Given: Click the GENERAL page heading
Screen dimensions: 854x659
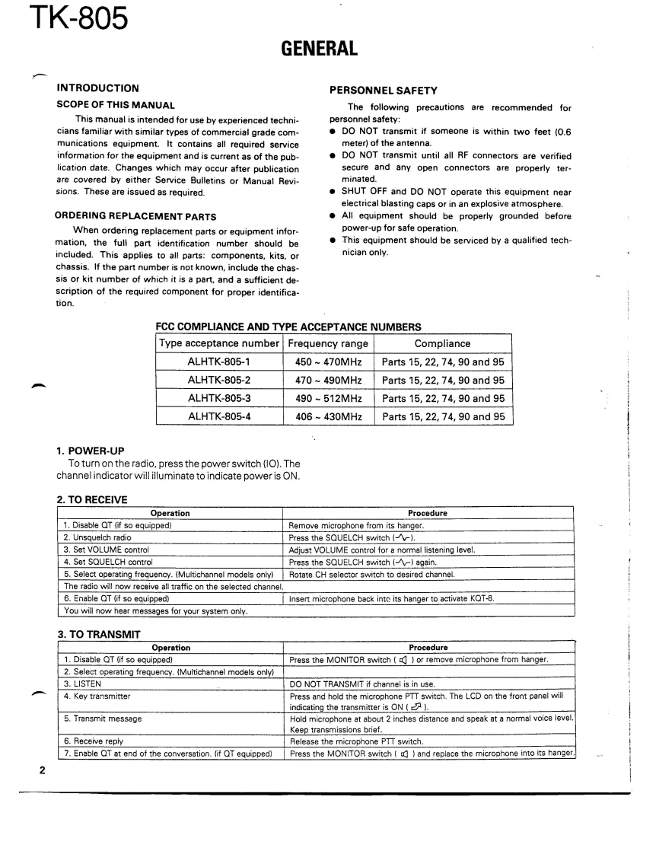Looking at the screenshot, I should [319, 49].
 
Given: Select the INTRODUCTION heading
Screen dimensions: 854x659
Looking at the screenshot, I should [98, 88].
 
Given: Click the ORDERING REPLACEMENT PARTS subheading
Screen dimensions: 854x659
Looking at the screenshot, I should [135, 216].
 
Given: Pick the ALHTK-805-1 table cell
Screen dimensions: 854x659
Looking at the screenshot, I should [219, 362].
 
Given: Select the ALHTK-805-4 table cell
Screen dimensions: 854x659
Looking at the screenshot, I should [219, 416].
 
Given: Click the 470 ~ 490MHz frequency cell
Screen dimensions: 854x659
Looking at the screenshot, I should [329, 380].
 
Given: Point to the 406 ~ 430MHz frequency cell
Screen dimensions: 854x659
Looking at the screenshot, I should [329, 416].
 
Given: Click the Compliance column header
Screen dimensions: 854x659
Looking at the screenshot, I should [442, 343].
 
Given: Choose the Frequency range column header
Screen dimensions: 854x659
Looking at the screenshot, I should [328, 343].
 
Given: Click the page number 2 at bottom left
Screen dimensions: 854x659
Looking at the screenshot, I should [43, 770].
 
